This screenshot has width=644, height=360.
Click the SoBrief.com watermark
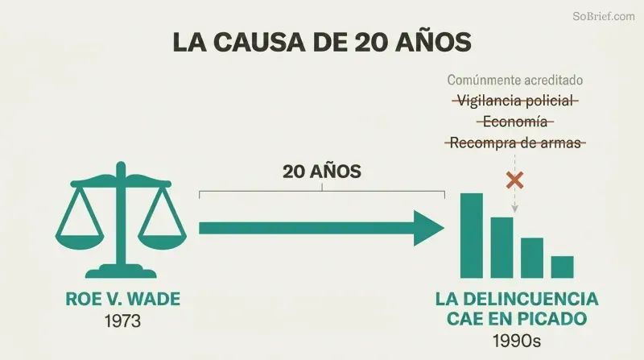click(x=603, y=16)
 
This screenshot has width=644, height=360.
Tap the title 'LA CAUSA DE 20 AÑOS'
click(x=322, y=42)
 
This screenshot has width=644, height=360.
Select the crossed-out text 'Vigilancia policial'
click(x=515, y=101)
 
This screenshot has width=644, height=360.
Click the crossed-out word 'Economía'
click(x=515, y=122)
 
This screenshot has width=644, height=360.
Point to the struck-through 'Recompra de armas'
click(x=515, y=143)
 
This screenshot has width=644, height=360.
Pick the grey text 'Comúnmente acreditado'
click(x=515, y=80)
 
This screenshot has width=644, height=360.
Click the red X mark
click(x=514, y=180)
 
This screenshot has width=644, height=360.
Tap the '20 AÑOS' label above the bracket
click(x=321, y=172)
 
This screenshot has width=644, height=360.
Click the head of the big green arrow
click(x=429, y=228)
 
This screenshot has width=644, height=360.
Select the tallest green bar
click(x=472, y=236)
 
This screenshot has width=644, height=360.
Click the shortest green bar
click(x=562, y=267)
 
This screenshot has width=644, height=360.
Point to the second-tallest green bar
click(x=502, y=248)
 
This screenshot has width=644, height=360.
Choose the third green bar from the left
click(x=532, y=258)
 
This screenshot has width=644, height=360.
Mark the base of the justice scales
click(x=121, y=271)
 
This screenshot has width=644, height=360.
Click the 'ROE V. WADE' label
click(x=123, y=299)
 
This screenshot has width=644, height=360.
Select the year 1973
click(x=123, y=321)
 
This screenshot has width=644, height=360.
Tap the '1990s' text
click(x=517, y=341)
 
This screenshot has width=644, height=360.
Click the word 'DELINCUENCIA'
click(x=534, y=299)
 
